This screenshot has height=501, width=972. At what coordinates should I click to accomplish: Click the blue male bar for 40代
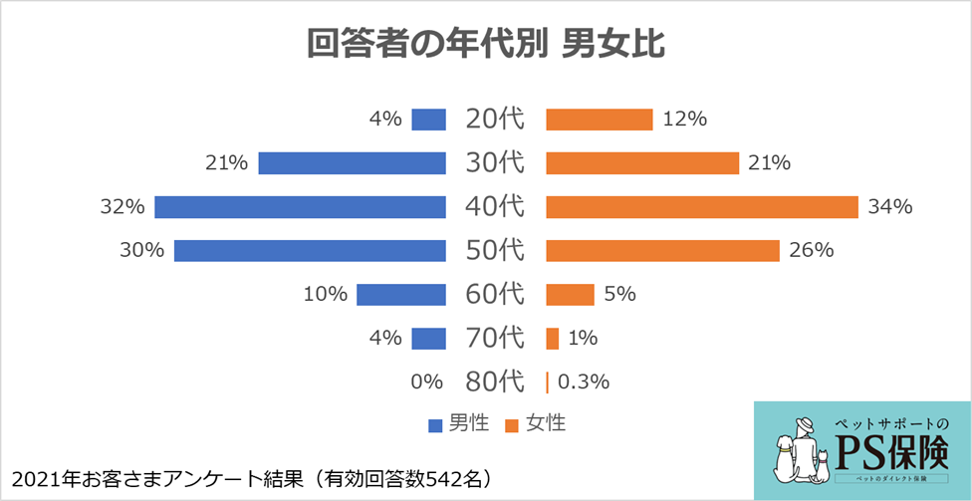[299, 207]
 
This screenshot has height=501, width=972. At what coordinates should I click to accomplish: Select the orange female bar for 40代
[701, 207]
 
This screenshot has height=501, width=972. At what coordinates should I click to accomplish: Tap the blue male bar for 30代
[351, 163]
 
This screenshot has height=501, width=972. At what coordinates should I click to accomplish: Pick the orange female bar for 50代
[662, 250]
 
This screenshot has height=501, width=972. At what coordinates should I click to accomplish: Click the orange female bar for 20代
[599, 120]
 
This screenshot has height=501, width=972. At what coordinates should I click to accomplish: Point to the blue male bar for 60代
[400, 294]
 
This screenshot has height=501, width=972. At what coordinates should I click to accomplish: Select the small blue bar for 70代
[428, 338]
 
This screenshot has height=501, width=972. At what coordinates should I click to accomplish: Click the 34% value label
[889, 207]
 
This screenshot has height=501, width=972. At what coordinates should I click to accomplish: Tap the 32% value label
[122, 207]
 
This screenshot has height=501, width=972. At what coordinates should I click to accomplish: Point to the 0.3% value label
[584, 381]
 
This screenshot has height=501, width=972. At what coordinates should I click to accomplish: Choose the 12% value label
[684, 120]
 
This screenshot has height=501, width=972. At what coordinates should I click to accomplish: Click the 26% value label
[811, 250]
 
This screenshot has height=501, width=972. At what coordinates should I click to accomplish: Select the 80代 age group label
[494, 381]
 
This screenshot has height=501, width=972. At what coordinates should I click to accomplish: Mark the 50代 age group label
[494, 250]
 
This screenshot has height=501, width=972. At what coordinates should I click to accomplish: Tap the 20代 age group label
[494, 120]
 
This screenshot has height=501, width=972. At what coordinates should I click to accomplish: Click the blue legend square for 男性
[434, 425]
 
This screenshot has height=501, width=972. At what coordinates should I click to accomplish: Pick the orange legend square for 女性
[512, 425]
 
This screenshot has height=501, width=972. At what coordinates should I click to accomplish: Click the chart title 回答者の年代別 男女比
[485, 45]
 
